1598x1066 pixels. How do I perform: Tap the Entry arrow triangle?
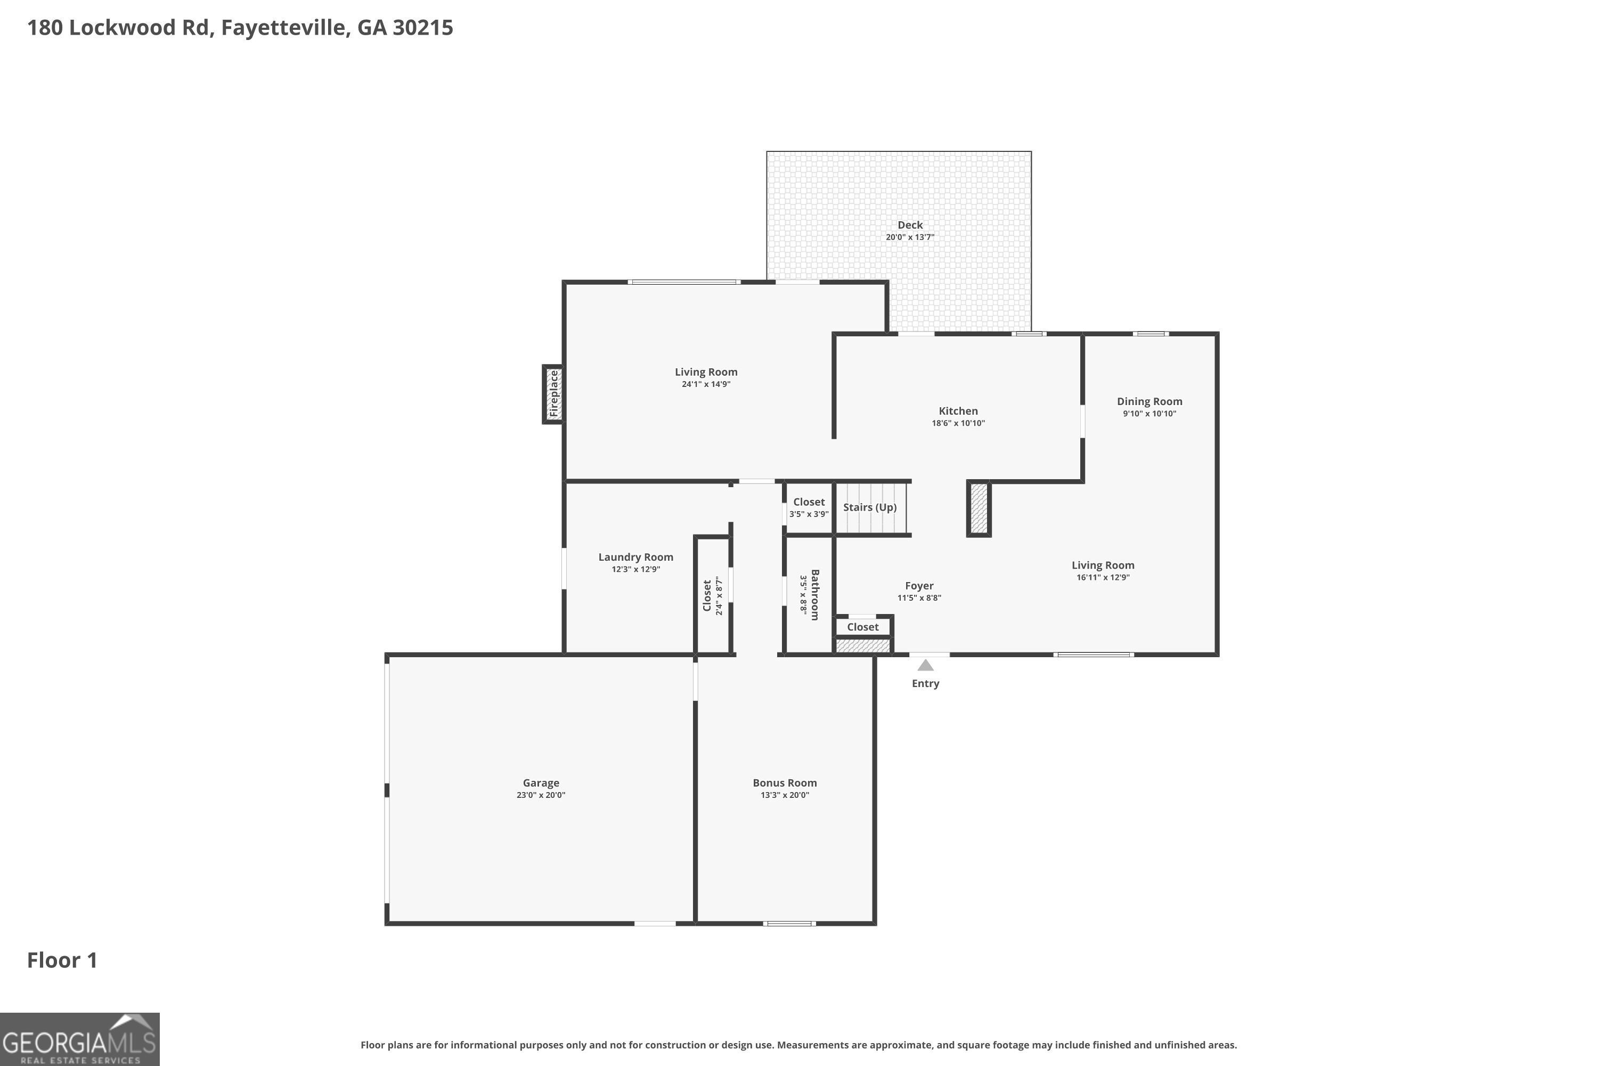tap(925, 666)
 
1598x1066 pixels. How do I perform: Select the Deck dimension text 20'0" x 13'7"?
tap(910, 237)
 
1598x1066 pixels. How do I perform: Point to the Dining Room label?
tap(1149, 401)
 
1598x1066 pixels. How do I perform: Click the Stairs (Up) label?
tap(870, 507)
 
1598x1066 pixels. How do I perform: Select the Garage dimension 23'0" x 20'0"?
tap(541, 795)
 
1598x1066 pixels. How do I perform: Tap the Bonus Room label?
tap(784, 782)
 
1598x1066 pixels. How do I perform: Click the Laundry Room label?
tap(635, 557)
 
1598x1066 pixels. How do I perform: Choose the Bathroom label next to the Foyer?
tap(814, 594)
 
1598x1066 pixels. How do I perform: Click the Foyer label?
tap(918, 585)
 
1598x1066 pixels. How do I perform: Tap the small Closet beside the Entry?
tap(862, 627)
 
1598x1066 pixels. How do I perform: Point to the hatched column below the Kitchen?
tap(979, 508)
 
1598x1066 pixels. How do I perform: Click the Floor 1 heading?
tap(62, 960)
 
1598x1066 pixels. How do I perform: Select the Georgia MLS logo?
tap(79, 1039)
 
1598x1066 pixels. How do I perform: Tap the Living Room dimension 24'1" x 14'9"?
tap(706, 384)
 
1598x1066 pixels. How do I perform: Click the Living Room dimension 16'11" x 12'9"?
tap(1103, 577)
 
